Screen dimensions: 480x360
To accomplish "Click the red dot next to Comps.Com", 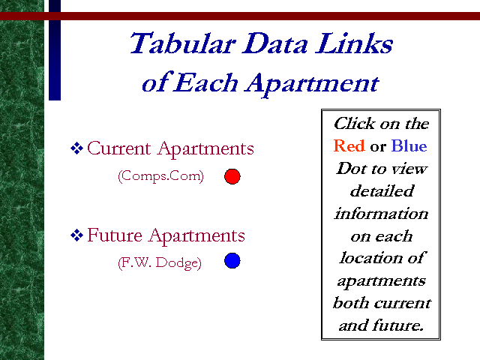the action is click(x=232, y=177).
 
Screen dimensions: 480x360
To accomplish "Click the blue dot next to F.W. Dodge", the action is click(x=232, y=261).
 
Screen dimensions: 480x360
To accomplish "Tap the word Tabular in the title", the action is click(x=183, y=43).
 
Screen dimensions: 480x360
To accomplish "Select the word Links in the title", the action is click(x=354, y=43).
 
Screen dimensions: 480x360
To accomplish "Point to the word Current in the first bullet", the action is click(x=119, y=148).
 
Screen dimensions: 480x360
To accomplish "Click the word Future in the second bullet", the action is click(x=115, y=235).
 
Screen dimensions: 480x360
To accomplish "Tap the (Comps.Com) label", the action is click(x=161, y=176).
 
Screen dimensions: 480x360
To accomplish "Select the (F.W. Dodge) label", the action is click(x=160, y=263).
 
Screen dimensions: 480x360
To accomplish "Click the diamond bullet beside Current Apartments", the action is click(x=76, y=148).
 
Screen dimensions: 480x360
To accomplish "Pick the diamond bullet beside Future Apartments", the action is click(x=76, y=235).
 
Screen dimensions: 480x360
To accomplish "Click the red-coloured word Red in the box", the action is click(x=349, y=145).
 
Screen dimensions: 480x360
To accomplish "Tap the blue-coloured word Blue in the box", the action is click(x=409, y=145).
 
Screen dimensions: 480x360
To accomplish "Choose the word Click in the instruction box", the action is click(x=355, y=123).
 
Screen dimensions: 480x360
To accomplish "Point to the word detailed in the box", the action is click(x=382, y=191).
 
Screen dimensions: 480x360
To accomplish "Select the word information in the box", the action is click(x=381, y=213).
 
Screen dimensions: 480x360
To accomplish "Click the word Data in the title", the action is click(x=275, y=43).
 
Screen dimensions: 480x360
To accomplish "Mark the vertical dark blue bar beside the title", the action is click(x=55, y=50).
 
